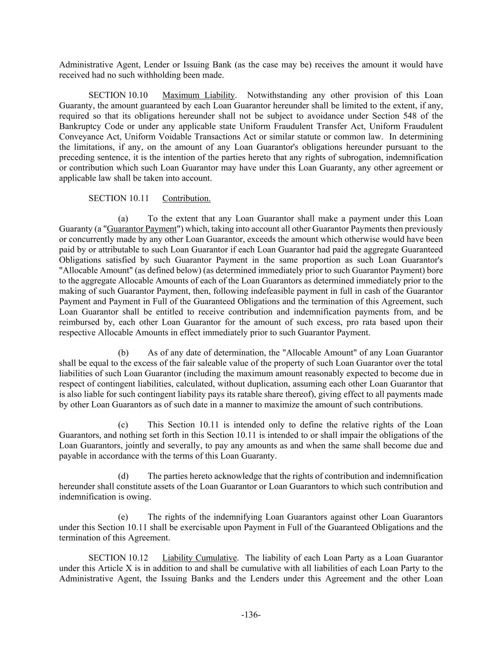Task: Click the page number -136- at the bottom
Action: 251,615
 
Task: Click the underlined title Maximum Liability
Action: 198,95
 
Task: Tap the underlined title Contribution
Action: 187,198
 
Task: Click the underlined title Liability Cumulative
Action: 199,558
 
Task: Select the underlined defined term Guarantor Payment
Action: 142,229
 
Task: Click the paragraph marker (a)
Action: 123,219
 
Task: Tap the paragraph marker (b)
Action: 123,353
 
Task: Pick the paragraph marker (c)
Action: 123,425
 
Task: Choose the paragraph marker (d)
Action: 123,476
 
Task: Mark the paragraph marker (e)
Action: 123,517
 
